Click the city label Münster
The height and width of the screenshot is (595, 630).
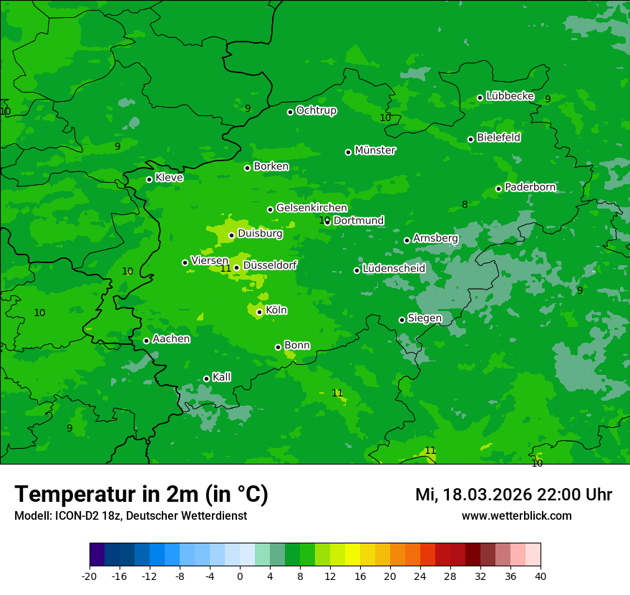[374, 151]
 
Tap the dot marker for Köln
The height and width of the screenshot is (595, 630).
[259, 312]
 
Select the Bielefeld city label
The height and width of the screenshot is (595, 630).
[498, 138]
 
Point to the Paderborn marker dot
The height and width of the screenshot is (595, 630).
[499, 189]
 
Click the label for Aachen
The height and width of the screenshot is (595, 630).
[171, 339]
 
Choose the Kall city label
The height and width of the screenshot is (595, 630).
[221, 377]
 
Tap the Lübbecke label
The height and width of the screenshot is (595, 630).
[510, 96]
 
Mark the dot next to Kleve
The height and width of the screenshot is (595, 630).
[149, 179]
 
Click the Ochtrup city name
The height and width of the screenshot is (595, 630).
[316, 110]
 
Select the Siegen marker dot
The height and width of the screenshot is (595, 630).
[402, 320]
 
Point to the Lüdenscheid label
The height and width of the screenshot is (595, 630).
[394, 269]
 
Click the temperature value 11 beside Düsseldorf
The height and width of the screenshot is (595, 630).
[226, 268]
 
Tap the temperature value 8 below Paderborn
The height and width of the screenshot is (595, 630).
[465, 204]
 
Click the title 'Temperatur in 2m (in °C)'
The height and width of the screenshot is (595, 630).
[141, 494]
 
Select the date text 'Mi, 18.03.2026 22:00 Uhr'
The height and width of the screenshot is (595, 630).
[513, 495]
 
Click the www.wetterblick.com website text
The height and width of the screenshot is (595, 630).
[516, 515]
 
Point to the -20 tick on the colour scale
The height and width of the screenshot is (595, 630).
[89, 576]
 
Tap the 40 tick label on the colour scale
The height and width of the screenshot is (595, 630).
[540, 576]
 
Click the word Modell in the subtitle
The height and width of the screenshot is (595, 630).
[31, 516]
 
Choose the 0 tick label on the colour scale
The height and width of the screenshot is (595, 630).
[240, 576]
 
